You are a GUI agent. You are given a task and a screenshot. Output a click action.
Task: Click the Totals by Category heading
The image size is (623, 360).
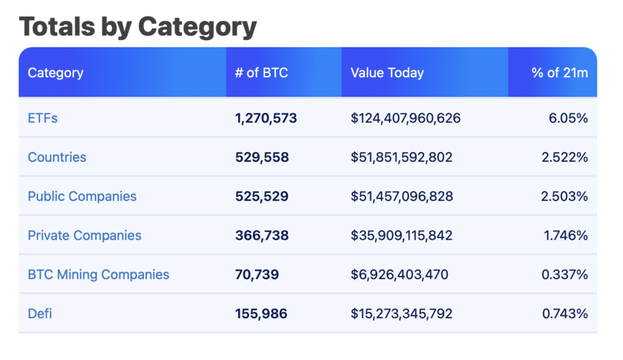pos(138,26)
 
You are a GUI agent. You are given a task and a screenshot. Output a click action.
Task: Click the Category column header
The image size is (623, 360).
pos(55,73)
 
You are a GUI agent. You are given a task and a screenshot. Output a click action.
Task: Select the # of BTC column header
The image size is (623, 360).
pos(261,73)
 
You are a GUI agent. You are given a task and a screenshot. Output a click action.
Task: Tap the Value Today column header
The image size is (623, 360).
pos(387,73)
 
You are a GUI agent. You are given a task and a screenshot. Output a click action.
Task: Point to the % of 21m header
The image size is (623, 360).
pos(560,73)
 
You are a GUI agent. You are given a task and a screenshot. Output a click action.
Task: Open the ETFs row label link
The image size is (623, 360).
pos(43,118)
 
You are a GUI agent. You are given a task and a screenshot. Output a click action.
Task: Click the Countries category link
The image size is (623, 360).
pos(57,157)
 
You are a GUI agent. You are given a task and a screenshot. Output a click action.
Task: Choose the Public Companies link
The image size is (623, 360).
pos(82,196)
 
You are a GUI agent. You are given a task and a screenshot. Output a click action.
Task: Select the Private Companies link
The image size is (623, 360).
pos(85,235)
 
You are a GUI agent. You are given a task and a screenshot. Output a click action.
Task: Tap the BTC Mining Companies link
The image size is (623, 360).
pos(99,274)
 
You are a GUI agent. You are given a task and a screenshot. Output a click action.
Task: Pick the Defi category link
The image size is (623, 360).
pos(40,314)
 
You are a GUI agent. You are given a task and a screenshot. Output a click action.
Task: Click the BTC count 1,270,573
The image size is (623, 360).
pos(266,118)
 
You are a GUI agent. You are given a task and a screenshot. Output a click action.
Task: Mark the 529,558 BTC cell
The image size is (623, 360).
pos(262,157)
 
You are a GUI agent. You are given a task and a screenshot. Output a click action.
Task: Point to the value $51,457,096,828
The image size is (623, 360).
pos(402,196)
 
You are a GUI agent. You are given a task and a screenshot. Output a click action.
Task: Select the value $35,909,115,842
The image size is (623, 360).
pos(402,235)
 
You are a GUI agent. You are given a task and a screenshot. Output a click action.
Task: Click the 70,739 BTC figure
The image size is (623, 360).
pos(257,274)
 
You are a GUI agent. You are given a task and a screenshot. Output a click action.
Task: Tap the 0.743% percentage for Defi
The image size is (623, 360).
pos(565,314)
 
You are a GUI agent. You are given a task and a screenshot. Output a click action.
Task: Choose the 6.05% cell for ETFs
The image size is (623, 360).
pos(568,118)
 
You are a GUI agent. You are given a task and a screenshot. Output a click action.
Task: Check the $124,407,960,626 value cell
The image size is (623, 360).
pos(405,118)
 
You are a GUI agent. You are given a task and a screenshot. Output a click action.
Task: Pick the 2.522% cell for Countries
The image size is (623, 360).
pos(565,157)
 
